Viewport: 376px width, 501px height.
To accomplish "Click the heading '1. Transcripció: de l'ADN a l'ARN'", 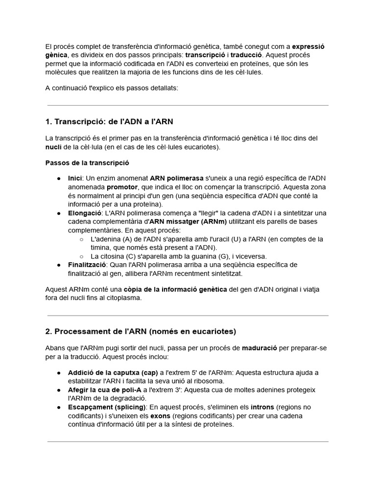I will pos(109,121).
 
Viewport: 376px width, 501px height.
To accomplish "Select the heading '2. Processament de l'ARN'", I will pos(140,331).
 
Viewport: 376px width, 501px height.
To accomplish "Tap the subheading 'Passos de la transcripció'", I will pos(87,162).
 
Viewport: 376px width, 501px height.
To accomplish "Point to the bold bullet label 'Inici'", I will pos(75,178).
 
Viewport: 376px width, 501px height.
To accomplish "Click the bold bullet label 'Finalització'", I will pos(87,265).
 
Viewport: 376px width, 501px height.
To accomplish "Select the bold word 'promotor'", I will pos(122,187).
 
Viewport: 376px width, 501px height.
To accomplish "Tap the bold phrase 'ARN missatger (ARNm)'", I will pos(188,222).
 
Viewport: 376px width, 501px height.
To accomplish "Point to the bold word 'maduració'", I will pos(259,348).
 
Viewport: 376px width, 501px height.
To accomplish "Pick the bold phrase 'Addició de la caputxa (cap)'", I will pos(110,372).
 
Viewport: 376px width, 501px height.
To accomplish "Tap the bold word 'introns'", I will pos(262,407).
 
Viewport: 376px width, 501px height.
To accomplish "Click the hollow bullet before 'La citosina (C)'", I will pos(81,256).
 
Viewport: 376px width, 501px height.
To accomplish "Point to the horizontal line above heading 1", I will pos(188,105).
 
